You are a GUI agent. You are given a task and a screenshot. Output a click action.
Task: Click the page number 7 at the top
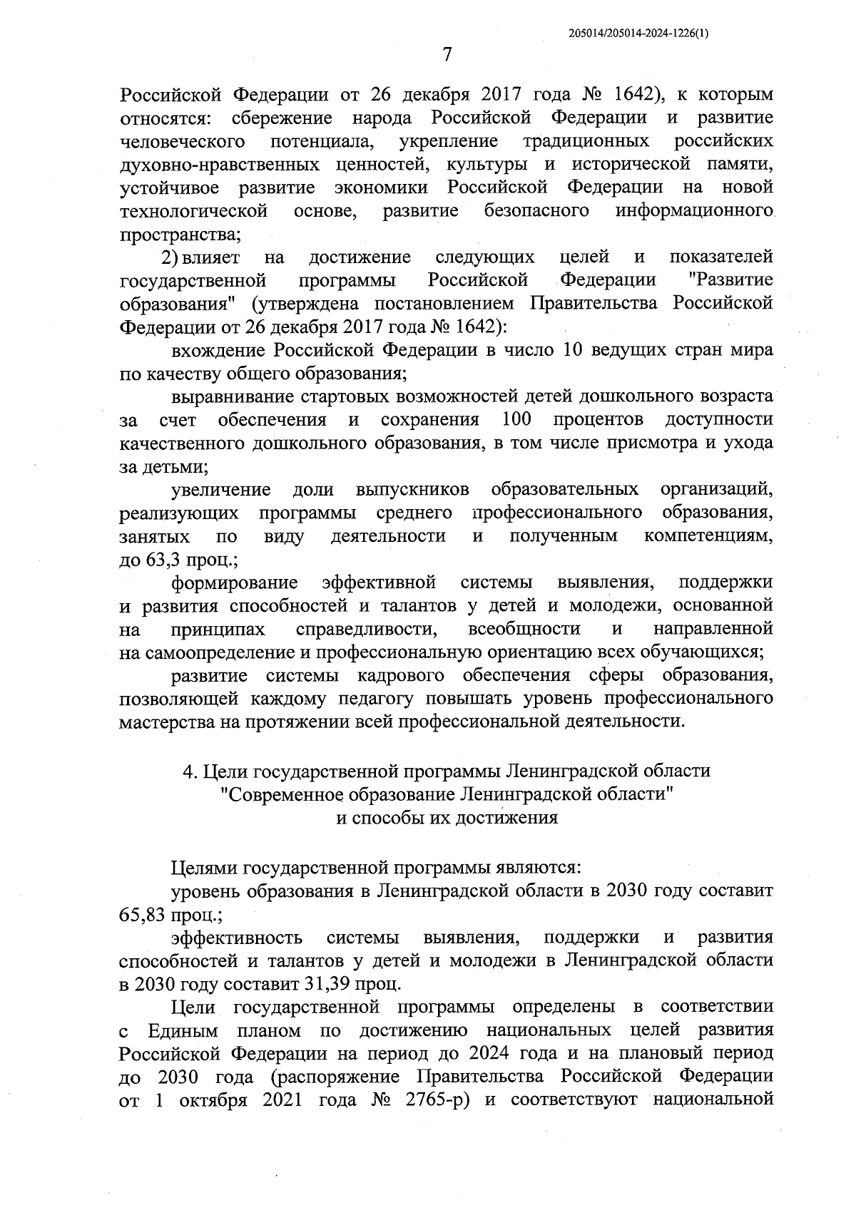(x=447, y=54)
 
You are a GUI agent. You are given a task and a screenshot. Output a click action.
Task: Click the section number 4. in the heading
(x=190, y=771)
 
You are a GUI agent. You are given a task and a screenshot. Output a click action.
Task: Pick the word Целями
(x=205, y=868)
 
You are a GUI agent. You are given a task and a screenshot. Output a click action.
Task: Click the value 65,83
(x=143, y=915)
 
